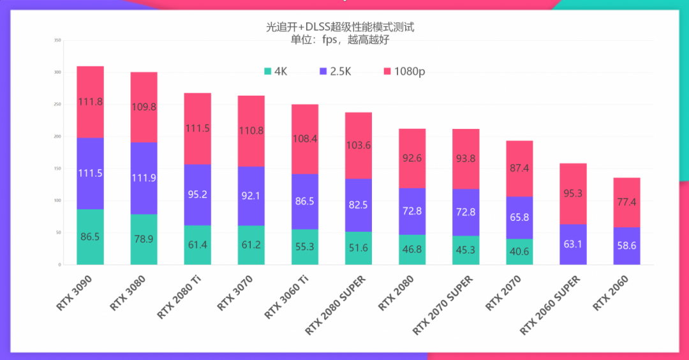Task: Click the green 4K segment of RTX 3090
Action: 90,237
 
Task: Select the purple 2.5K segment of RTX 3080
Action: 144,178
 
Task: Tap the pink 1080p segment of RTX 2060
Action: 626,202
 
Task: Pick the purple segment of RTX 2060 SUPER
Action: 573,244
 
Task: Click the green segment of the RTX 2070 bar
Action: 519,251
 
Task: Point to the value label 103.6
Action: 358,145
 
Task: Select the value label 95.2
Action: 197,194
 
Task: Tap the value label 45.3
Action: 465,250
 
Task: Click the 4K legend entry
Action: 275,71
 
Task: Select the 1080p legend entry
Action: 403,71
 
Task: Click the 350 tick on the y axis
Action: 57,41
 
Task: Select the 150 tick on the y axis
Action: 57,169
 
